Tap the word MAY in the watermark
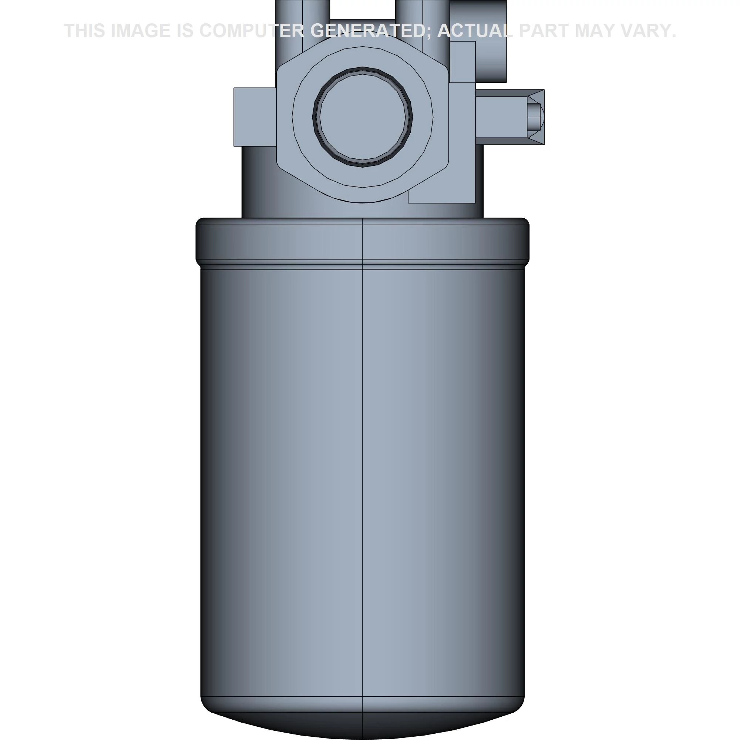594,31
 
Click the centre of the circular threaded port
362,117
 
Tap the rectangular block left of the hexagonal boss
254,117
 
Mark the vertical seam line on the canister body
363,460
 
